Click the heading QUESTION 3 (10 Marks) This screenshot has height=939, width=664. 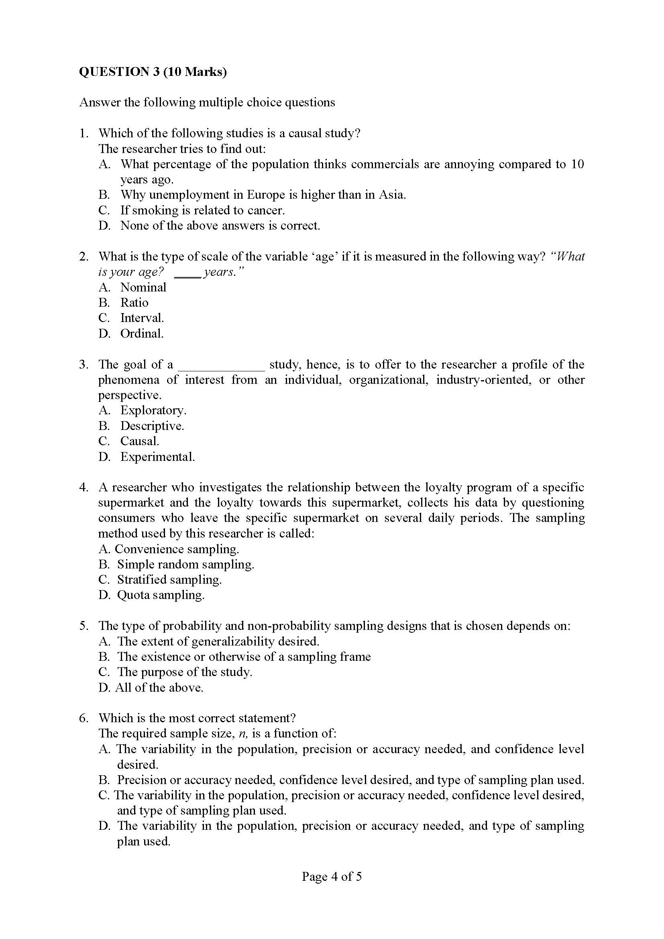(153, 71)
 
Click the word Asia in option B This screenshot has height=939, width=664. (391, 195)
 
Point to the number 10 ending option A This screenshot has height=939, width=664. (577, 164)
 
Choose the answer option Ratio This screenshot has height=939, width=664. (134, 303)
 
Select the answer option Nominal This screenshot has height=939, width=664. (143, 287)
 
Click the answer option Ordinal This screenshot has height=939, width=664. (141, 334)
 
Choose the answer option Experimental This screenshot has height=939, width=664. (157, 456)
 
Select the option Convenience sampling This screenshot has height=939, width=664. (177, 549)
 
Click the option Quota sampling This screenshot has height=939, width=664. (161, 595)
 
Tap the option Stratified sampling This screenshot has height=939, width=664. (169, 580)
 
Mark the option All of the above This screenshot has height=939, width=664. (159, 687)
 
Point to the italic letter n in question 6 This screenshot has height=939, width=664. (243, 734)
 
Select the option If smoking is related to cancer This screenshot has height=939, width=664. (202, 210)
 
